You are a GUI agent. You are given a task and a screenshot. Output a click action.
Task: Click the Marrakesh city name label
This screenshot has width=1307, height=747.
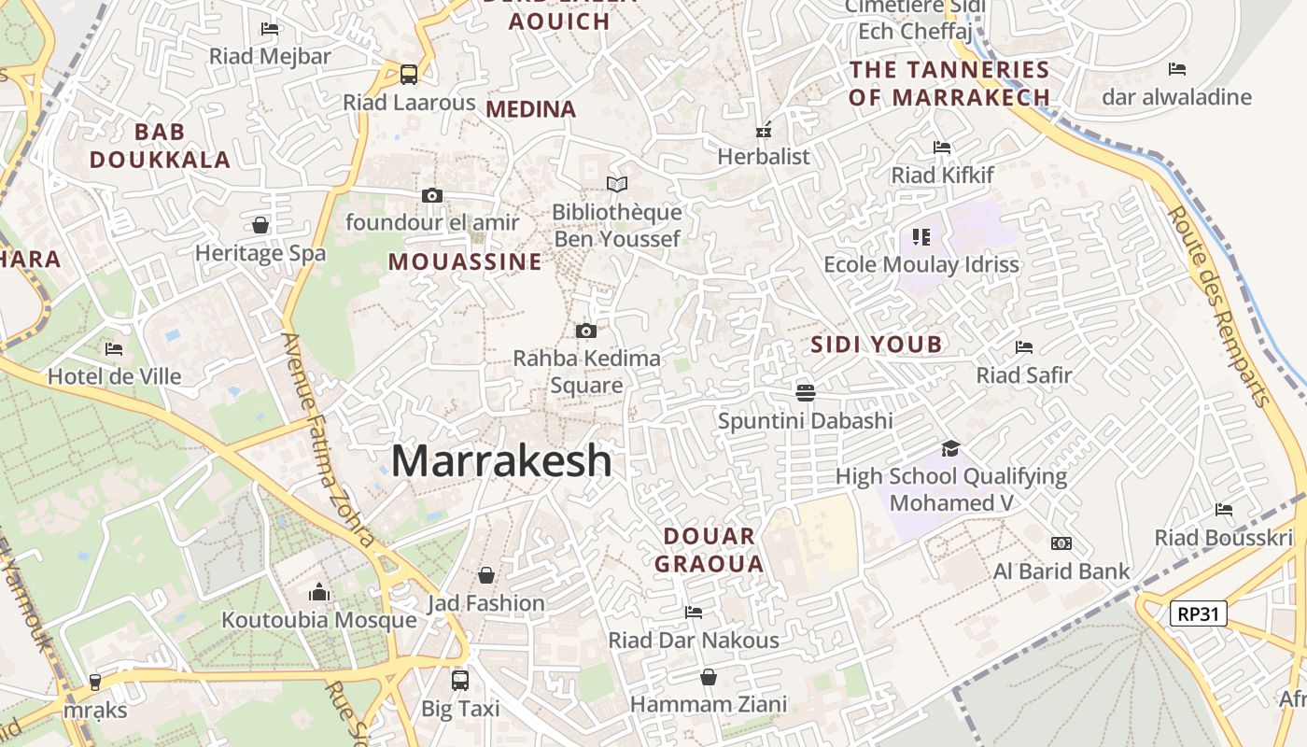(501, 461)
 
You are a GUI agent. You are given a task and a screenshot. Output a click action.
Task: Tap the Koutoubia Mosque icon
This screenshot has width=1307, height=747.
(319, 592)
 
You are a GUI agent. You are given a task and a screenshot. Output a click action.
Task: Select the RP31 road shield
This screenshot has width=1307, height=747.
(1199, 613)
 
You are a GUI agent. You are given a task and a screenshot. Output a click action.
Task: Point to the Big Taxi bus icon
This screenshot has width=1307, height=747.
(459, 680)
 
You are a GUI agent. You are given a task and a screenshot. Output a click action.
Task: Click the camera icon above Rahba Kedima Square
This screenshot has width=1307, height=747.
(586, 331)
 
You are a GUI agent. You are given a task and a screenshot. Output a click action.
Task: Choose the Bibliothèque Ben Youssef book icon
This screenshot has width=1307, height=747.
(616, 184)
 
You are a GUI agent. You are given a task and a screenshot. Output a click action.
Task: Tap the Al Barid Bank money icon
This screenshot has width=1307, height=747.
(1061, 543)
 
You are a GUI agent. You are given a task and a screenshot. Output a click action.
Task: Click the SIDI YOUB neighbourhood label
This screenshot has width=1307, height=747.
(877, 345)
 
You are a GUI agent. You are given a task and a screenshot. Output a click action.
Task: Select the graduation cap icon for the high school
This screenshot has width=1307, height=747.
(950, 448)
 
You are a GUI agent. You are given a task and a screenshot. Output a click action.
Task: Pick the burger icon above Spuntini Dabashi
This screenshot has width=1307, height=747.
(806, 393)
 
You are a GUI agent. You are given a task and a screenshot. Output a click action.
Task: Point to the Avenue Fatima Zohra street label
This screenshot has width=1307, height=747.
(328, 439)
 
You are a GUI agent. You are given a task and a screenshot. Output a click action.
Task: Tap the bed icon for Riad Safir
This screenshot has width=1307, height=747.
(1024, 347)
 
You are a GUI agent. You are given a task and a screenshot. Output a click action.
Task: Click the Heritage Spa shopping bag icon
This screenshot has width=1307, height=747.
(260, 225)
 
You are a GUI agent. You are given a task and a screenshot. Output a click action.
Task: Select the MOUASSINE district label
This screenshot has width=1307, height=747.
(465, 261)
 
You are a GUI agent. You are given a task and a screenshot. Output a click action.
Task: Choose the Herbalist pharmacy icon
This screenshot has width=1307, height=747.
(764, 129)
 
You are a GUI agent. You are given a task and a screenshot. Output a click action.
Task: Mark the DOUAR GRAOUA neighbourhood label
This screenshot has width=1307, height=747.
(710, 550)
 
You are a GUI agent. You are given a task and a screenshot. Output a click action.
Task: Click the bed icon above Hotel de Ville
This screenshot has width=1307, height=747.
(114, 349)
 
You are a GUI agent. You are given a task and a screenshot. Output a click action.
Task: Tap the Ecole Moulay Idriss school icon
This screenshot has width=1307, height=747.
(921, 237)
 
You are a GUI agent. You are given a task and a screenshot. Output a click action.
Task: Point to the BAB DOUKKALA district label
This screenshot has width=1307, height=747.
(160, 145)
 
